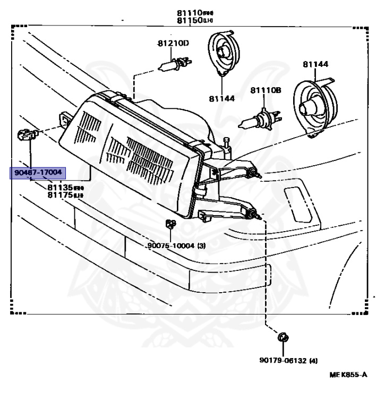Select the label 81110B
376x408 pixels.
point(266,90)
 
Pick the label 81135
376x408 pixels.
point(59,188)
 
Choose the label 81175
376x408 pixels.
point(59,195)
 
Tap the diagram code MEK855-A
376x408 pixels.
point(348,375)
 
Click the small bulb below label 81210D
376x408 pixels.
point(167,66)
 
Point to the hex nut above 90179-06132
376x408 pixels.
point(282,337)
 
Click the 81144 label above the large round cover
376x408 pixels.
point(315,64)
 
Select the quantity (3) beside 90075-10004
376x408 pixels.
point(201,246)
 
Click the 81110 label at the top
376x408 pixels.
point(190,12)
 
